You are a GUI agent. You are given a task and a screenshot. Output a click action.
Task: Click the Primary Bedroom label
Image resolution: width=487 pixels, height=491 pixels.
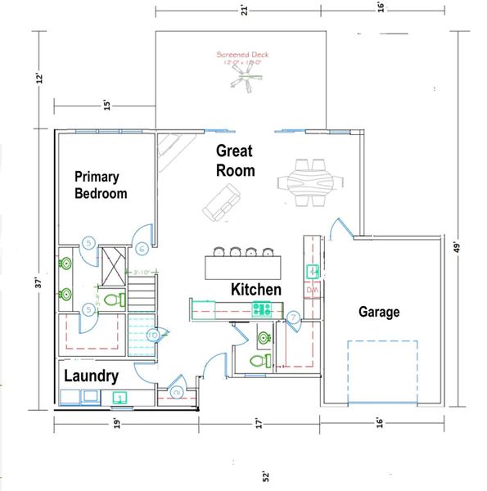pos(101,185)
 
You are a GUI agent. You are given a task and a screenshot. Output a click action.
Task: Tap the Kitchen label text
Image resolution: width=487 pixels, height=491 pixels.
pos(256,290)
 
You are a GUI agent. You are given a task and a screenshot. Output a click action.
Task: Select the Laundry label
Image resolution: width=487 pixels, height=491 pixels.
pos(91,376)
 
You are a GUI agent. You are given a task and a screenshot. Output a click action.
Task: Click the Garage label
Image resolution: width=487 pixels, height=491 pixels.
pos(379,312)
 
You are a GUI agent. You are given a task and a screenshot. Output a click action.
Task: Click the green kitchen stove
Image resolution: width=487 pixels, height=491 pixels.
pos(261,309)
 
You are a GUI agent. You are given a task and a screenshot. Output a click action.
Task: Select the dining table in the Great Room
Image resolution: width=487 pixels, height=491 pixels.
pos(306,181)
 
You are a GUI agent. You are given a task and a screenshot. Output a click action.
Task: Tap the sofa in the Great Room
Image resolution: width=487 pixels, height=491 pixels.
pos(220,201)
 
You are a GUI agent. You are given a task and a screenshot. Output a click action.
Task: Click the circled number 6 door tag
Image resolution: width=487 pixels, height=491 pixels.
pos(142,249)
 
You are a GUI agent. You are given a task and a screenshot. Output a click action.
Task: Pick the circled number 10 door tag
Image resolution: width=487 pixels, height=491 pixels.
pos(151,334)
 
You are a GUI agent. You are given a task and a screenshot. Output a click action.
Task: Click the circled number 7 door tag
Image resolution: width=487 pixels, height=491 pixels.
pos(293,317)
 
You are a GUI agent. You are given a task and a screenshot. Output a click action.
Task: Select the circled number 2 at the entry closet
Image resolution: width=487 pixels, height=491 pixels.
pos(177,393)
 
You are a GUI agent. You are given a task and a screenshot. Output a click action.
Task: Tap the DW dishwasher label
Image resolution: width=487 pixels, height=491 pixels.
pos(312,290)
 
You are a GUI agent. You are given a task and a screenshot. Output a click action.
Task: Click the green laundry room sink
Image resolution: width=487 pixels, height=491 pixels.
pos(119,399)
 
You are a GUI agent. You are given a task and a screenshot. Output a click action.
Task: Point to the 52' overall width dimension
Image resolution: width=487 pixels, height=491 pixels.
pos(266,475)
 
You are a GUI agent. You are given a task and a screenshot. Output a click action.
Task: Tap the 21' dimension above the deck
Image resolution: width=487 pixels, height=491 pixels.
pos(244,10)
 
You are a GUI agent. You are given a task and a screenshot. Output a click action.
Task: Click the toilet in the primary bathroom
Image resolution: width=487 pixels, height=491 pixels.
pos(115,299)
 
